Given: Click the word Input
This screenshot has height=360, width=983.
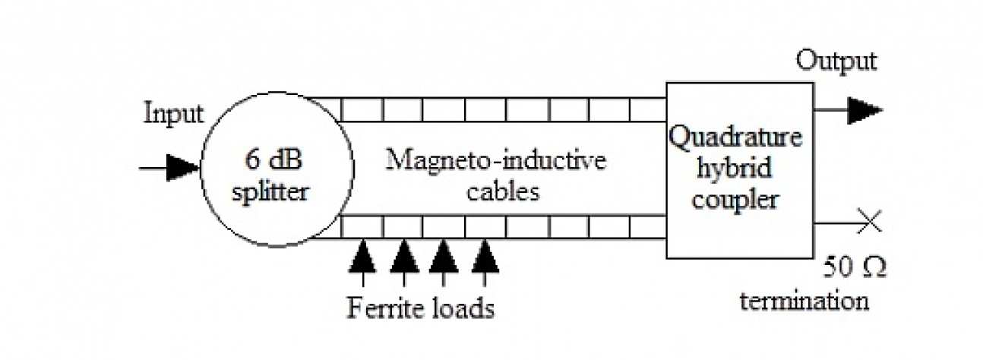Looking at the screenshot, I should (174, 114).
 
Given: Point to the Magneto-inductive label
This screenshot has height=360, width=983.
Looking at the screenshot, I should (496, 161).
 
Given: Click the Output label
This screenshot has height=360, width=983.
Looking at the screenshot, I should (836, 61).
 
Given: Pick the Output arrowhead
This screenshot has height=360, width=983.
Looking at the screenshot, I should (864, 110).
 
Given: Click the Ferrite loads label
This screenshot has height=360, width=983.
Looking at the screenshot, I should (421, 309).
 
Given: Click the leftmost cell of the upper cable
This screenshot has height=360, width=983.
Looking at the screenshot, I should (362, 110).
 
